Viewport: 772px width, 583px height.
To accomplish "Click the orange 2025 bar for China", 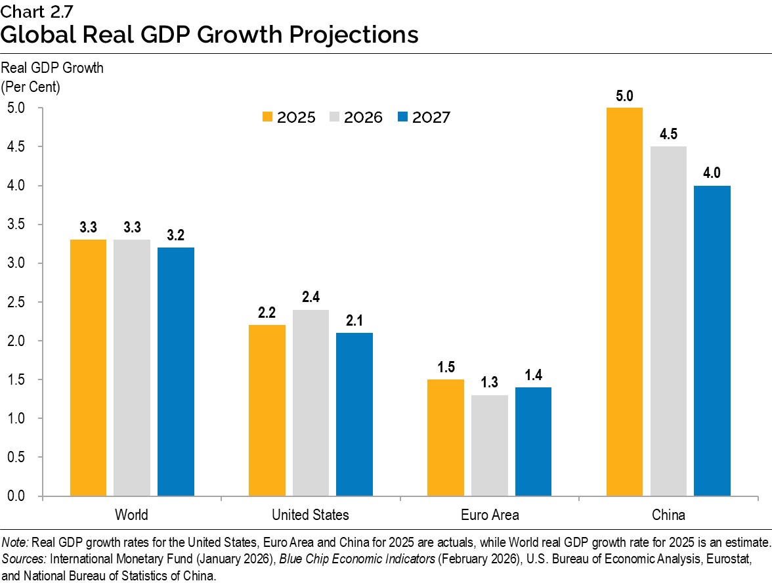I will [624, 301].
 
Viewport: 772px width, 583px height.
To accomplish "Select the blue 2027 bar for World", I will [176, 372].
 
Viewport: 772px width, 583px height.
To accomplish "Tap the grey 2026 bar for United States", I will [311, 402].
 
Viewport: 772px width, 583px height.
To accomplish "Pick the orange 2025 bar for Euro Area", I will [445, 437].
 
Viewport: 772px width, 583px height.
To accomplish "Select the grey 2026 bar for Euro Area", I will [489, 445].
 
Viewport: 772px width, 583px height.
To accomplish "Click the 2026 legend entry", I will [355, 118].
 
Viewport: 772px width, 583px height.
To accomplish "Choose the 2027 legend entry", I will [423, 118].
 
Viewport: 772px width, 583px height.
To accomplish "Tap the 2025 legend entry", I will [288, 118].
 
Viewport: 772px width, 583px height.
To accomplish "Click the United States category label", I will [311, 515].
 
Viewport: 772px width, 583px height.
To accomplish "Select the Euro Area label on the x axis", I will [489, 515].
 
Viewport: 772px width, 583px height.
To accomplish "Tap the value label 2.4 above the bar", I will [311, 297].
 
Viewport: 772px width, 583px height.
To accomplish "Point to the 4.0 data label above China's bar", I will [712, 173].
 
